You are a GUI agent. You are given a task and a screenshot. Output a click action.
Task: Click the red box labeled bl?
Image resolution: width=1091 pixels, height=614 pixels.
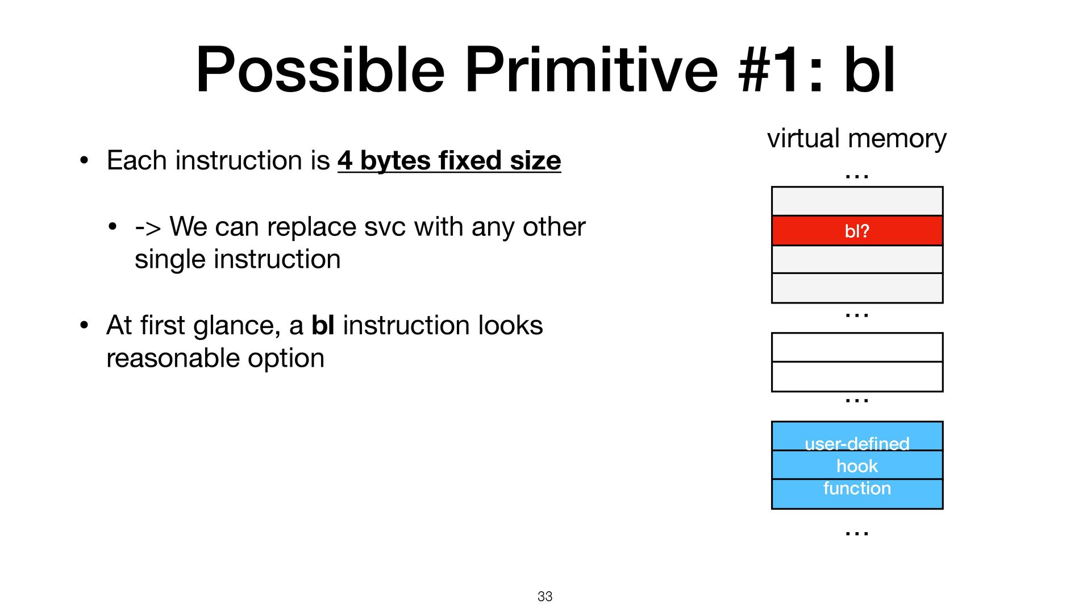click(x=857, y=230)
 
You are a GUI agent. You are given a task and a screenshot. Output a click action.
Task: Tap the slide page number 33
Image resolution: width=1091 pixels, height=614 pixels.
click(x=545, y=596)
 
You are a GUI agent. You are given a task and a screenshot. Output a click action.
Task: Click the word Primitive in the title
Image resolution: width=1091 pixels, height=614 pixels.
click(x=592, y=70)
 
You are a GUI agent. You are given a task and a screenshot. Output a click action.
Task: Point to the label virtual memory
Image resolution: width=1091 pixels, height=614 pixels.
click(x=857, y=138)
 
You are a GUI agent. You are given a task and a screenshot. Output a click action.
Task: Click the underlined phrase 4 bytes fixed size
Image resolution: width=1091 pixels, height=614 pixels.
click(x=449, y=160)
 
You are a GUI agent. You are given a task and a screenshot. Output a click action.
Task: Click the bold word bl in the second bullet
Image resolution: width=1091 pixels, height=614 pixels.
click(x=323, y=325)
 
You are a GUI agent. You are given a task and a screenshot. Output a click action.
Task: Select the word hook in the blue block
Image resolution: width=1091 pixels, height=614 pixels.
click(x=857, y=466)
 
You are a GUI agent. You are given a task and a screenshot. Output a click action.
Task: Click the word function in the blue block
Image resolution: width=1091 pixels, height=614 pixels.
click(x=857, y=488)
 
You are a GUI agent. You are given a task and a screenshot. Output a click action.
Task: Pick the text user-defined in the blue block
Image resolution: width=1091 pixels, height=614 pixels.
click(x=857, y=443)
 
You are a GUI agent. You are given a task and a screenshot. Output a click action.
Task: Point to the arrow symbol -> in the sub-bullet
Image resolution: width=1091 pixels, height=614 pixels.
click(x=148, y=228)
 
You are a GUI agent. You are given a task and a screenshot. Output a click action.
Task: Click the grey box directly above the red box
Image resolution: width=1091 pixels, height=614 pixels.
click(x=857, y=201)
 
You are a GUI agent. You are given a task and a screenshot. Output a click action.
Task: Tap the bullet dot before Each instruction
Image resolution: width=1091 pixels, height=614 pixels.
click(x=84, y=161)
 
